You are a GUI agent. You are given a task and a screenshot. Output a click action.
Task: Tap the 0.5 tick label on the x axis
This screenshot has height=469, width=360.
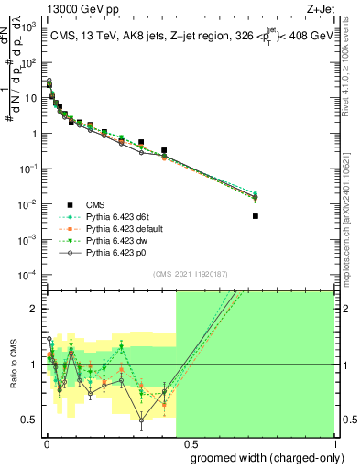click(x=190, y=444)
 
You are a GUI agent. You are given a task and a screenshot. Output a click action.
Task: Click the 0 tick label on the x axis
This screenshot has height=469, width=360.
click(x=47, y=444)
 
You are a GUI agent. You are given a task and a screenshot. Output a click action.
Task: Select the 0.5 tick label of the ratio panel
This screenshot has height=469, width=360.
click(x=33, y=420)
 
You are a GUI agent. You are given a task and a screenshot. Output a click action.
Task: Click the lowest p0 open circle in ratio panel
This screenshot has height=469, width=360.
click(x=141, y=421)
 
